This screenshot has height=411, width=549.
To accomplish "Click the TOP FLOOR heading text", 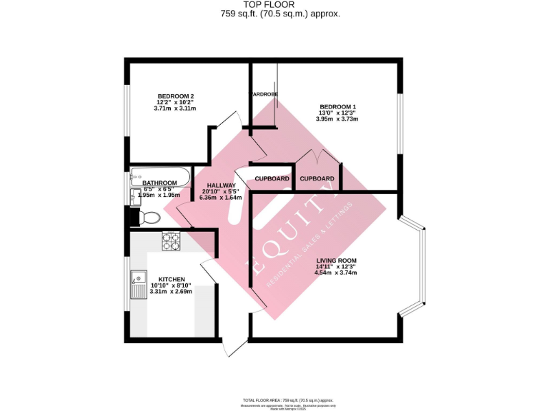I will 274,5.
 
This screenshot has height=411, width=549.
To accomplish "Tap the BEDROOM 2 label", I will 175,96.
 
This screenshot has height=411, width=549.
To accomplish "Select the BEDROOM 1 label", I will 338,107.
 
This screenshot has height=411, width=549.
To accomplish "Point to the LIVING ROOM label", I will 337,260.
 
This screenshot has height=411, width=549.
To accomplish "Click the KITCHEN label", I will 172,279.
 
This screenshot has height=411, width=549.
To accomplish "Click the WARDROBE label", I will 263,94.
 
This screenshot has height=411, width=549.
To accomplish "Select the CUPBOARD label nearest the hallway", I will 272,178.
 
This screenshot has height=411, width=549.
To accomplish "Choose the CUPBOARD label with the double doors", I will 317,178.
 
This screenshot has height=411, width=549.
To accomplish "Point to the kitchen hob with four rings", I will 172,242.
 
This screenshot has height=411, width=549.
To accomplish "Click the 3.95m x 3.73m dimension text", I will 338,119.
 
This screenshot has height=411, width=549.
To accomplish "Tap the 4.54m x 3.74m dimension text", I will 337,273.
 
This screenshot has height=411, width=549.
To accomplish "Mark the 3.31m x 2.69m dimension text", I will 172,291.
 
